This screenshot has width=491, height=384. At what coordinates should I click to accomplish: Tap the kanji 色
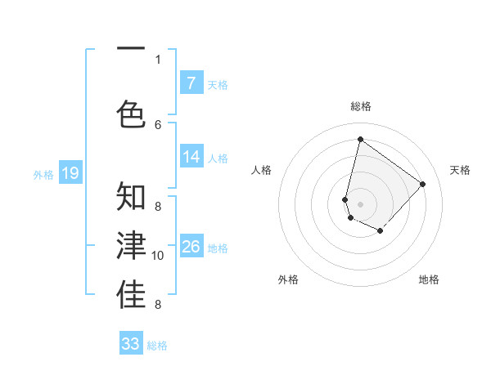point(131,113)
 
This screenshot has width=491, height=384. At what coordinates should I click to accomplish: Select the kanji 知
point(131,197)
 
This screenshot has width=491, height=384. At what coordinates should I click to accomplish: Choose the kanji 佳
point(131,294)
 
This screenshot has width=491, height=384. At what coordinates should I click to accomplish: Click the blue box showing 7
point(191,83)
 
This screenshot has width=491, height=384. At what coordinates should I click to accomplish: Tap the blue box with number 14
point(191,157)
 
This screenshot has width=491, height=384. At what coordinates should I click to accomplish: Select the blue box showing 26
point(191,247)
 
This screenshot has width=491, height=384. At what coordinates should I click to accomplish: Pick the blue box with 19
point(70,173)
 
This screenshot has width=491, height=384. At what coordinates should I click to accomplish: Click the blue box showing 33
point(131,344)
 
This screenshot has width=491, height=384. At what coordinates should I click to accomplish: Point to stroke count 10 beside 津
point(159,256)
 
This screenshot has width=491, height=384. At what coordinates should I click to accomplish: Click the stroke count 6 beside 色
point(158,125)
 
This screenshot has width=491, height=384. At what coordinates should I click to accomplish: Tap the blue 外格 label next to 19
point(43,174)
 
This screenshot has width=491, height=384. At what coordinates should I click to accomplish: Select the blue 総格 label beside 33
point(157,346)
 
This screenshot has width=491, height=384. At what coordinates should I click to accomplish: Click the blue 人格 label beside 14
point(218,159)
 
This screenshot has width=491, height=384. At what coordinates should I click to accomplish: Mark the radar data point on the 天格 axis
point(422,184)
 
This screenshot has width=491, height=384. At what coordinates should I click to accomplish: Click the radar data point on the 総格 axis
point(360,139)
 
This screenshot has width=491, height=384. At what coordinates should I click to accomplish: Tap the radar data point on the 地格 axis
point(380,231)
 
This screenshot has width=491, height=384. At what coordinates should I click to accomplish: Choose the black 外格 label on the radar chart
point(288,279)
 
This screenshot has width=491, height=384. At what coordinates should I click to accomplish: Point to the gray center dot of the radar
point(360,204)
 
